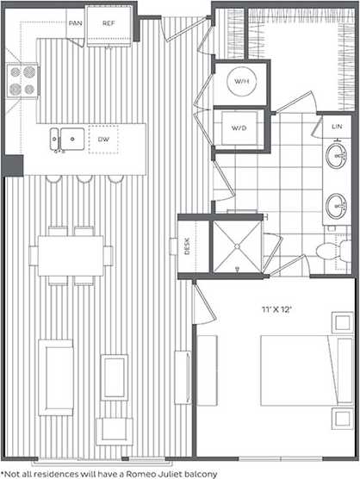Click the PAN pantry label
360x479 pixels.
75,24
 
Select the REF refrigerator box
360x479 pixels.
109,24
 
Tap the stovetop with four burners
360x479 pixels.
22,80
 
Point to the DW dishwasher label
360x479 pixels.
103,138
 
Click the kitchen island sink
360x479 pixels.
66,135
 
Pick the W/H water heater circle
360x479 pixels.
240,82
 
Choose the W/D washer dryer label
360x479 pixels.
239,128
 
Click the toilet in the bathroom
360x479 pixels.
328,252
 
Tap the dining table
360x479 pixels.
70,256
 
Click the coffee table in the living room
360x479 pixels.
114,377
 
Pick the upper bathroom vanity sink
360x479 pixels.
335,158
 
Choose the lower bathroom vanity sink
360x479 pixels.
335,206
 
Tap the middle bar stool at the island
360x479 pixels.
84,179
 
